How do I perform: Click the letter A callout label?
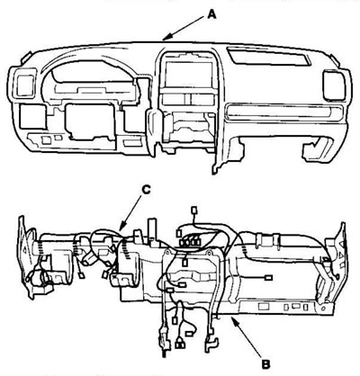pos(211,13)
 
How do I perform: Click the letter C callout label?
pos(146,190)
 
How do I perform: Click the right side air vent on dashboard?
pos(334,85)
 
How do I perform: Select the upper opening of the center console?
pos(186,74)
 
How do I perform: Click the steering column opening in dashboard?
pos(90,121)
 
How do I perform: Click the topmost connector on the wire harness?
pos(194,210)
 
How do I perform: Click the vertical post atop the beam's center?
pos(152,228)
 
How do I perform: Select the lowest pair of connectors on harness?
pos(180,345)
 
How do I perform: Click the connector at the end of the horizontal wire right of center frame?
pos(269,278)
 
